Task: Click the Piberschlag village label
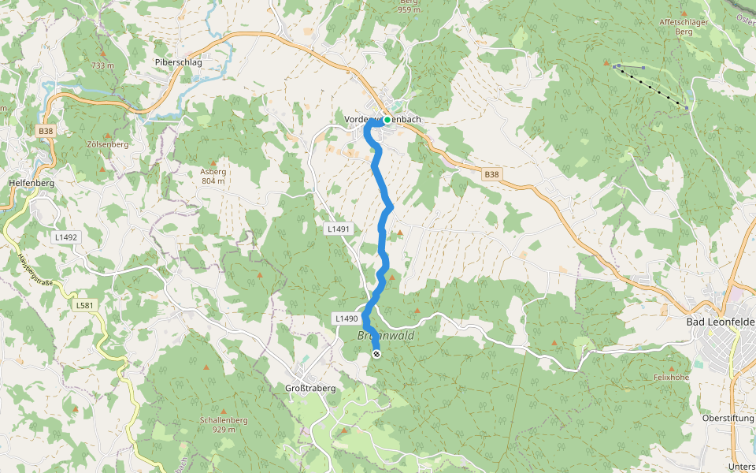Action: tap(178, 61)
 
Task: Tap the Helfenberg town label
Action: tap(31, 183)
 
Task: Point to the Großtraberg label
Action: tap(310, 388)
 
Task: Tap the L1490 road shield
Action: tap(346, 318)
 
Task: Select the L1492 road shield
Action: tap(66, 236)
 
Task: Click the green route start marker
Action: tap(387, 120)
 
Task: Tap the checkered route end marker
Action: tap(376, 354)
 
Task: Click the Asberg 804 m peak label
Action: tap(213, 176)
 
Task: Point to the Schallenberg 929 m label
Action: tap(224, 424)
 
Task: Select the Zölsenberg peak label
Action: tap(109, 145)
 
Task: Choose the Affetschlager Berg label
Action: tap(684, 27)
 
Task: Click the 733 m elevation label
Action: tap(103, 65)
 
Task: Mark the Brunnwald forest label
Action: tap(386, 335)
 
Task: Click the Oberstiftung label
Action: tap(728, 418)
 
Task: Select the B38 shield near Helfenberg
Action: tap(45, 131)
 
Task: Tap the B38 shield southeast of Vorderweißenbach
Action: tap(491, 174)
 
